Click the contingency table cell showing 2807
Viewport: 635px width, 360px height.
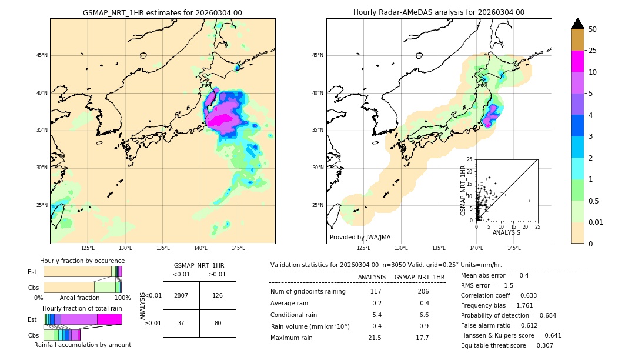click(x=181, y=295)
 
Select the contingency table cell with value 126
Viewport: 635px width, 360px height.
click(x=218, y=295)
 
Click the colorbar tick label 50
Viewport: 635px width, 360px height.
click(x=593, y=29)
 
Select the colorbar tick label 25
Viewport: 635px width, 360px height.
click(x=593, y=51)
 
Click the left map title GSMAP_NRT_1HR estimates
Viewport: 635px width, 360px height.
click(x=162, y=12)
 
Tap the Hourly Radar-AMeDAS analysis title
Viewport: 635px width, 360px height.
click(x=439, y=12)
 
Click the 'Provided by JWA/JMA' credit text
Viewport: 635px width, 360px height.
click(x=360, y=237)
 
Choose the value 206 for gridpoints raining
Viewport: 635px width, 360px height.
click(x=423, y=291)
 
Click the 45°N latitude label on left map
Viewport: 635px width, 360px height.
click(x=42, y=55)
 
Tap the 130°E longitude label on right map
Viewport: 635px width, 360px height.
click(x=401, y=248)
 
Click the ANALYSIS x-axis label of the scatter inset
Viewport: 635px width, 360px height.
click(x=506, y=232)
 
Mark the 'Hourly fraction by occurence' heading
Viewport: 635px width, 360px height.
click(x=82, y=261)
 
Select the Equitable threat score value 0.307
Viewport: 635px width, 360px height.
click(x=541, y=345)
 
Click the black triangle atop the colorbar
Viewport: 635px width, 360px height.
click(x=578, y=24)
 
